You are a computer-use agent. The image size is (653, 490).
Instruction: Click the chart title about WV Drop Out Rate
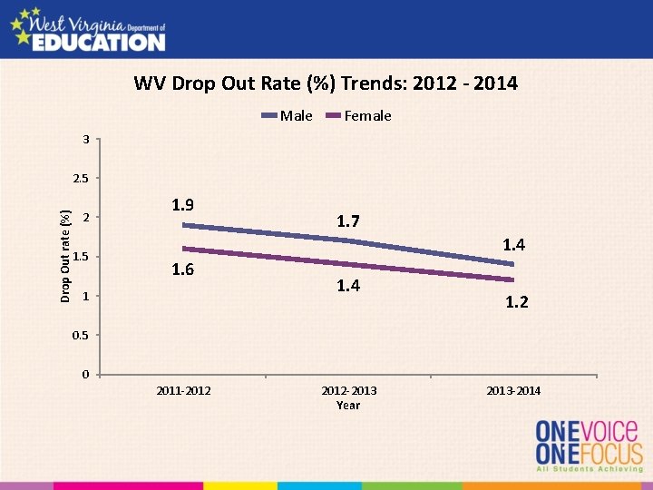click(326, 84)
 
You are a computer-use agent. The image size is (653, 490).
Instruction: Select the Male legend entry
click(296, 115)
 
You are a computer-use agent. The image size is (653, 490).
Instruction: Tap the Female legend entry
click(367, 115)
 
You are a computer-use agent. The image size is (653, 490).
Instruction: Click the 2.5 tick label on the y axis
click(81, 179)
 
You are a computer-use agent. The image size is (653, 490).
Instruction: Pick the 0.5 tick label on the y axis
click(81, 336)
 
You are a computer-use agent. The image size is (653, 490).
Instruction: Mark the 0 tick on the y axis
click(85, 375)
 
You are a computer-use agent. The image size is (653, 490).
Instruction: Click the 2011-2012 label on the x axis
click(184, 391)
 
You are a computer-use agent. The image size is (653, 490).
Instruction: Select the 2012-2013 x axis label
click(348, 391)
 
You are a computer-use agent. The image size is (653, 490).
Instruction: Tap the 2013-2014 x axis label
click(513, 391)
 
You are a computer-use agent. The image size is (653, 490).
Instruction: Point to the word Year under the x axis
click(348, 406)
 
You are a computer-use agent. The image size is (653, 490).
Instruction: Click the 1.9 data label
click(183, 205)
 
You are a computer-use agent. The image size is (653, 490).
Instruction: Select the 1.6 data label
click(183, 269)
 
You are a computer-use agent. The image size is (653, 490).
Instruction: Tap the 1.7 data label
click(348, 221)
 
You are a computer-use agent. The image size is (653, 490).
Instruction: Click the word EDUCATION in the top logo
click(99, 42)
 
